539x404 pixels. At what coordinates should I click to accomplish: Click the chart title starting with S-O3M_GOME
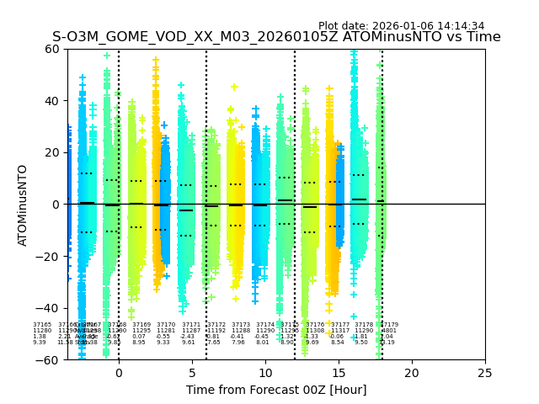point(276,37)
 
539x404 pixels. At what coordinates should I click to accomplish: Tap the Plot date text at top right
point(401,26)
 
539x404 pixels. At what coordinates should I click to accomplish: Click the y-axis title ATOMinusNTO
point(24,205)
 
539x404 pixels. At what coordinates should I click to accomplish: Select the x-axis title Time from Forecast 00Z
point(276,390)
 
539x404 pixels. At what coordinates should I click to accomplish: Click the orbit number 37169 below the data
point(141,324)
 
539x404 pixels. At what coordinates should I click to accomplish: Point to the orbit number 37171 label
point(191,324)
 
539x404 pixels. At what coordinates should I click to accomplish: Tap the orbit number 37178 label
point(364,324)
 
